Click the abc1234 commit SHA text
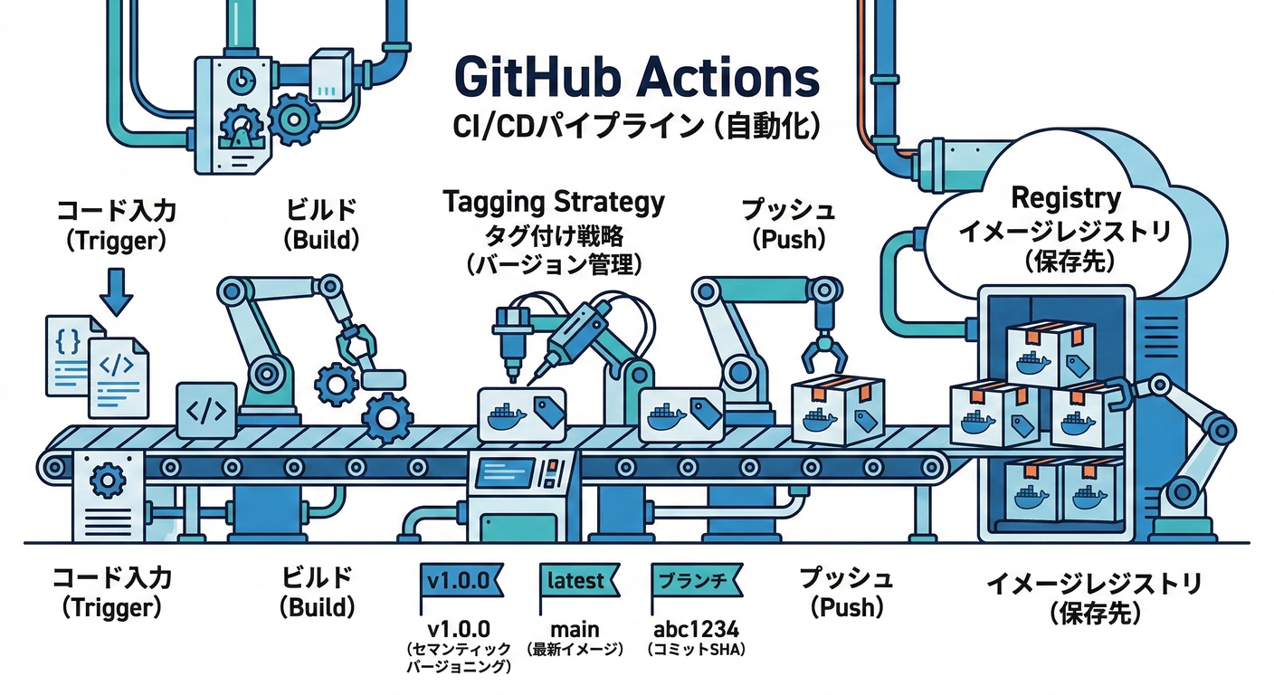coord(694,630)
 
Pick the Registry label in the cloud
coord(1065,197)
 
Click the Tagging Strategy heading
coord(553,201)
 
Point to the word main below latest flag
coord(575,630)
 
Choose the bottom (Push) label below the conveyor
coord(846,607)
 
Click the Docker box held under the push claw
coord(837,412)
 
